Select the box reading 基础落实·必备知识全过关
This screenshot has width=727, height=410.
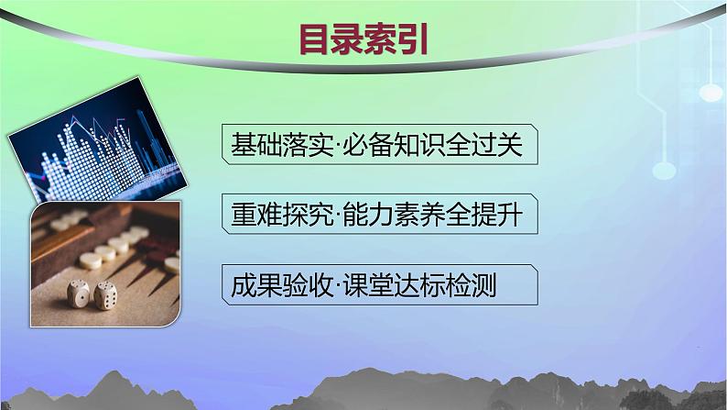[x=377, y=147]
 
